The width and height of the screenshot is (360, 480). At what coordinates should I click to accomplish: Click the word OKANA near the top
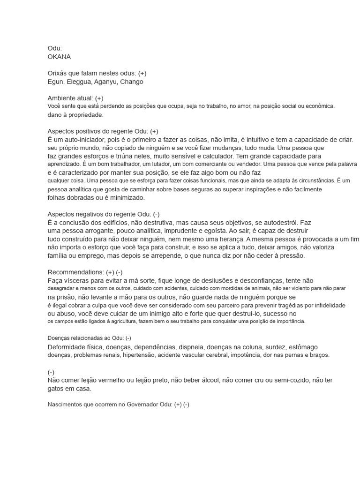pyautogui.click(x=60, y=57)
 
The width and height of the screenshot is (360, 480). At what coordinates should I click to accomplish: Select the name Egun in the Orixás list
pyautogui.click(x=55, y=82)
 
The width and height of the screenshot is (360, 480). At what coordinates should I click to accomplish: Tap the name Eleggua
pyautogui.click(x=78, y=82)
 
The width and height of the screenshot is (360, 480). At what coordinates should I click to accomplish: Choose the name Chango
pyautogui.click(x=132, y=82)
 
